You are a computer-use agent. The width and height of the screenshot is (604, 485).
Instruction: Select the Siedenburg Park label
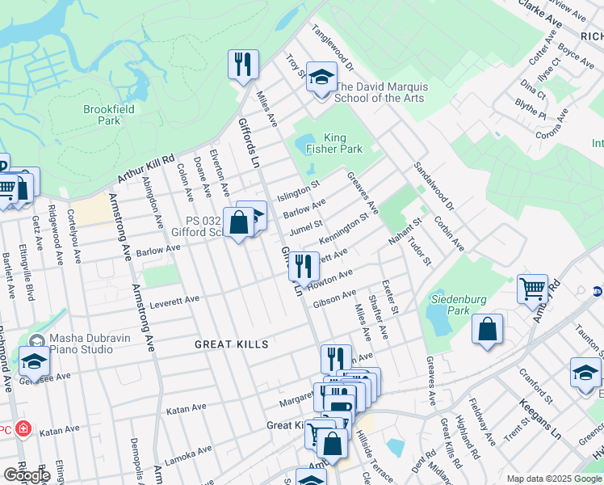pyautogui.click(x=458, y=305)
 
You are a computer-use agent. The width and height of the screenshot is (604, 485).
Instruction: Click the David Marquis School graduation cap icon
pyautogui.click(x=321, y=78)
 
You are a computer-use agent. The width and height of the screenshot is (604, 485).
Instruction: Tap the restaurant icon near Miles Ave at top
pyautogui.click(x=243, y=63)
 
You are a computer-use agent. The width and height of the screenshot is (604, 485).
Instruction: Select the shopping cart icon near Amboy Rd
pyautogui.click(x=533, y=288)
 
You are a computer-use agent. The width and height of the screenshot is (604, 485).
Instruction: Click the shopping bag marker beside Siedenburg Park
pyautogui.click(x=487, y=329)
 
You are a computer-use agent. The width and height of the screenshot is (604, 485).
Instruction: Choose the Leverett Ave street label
pyautogui.click(x=175, y=301)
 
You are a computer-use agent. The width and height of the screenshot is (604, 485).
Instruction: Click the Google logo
pyautogui.click(x=27, y=475)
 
